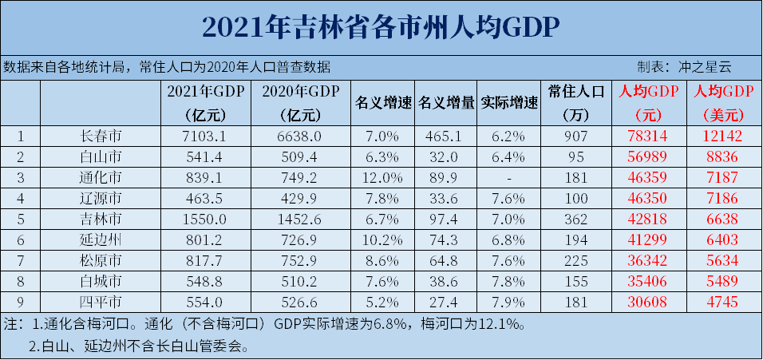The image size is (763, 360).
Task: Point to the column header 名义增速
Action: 382,103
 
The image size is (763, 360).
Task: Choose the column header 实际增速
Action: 509,103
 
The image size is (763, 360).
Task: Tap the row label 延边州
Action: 101,239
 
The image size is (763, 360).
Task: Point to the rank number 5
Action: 20,219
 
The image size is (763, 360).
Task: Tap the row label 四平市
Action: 101,302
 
